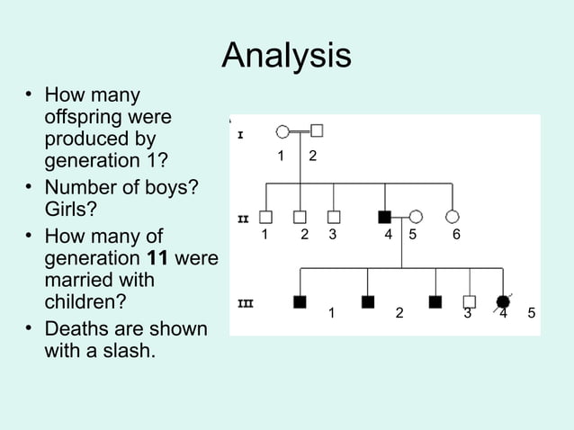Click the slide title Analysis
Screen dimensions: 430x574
pos(286,56)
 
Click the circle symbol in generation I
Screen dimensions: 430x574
pos(283,131)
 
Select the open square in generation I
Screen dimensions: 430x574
pos(317,130)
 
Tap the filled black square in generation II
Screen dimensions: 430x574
pos(385,216)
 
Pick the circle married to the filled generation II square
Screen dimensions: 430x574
pos(416,216)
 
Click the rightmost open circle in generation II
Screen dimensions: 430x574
pos(453,216)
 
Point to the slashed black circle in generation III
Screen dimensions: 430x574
pos(503,301)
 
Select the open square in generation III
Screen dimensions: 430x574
pos(469,301)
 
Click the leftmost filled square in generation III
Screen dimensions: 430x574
pos(300,301)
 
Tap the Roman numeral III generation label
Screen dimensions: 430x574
pos(244,303)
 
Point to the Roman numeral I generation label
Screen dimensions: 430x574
pos(240,135)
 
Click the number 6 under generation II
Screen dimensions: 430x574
pos(456,235)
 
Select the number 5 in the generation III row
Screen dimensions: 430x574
pos(532,313)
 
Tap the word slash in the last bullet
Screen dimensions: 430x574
pos(129,350)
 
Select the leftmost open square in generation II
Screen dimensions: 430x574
pos(265,217)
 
